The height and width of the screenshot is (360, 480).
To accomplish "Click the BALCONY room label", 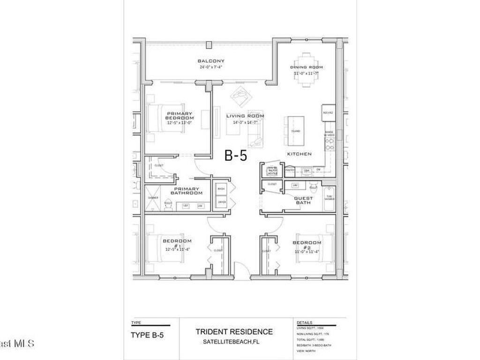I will [210, 61].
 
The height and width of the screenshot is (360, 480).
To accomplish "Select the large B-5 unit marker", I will [236, 155].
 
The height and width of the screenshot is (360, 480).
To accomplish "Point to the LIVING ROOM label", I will [245, 116].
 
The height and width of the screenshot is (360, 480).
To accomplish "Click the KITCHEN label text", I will [300, 154].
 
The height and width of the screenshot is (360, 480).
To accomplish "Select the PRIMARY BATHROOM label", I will [186, 191].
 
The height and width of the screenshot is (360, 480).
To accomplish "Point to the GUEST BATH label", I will [303, 200].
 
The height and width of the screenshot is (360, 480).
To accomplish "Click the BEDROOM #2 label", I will [307, 242].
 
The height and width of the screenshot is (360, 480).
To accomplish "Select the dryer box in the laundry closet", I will [221, 202].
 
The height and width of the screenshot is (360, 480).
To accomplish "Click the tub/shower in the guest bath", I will [330, 199].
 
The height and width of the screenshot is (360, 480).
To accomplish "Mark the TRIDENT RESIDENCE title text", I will [234, 332].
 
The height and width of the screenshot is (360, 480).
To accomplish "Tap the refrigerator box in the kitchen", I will [328, 112].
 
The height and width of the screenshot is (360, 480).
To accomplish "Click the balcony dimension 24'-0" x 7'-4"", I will [210, 67].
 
